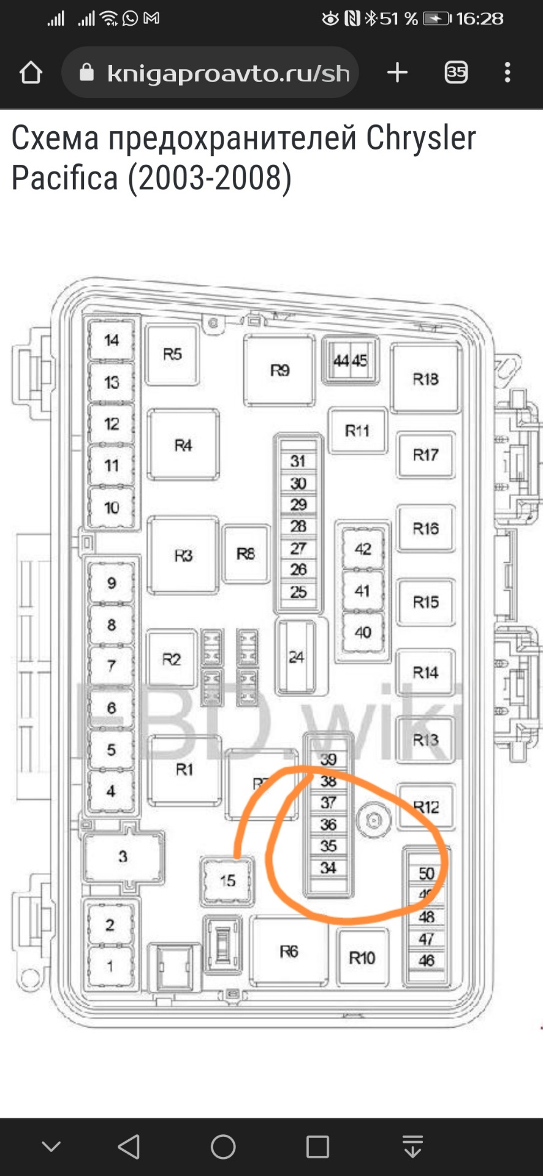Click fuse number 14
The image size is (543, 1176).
coord(111,340)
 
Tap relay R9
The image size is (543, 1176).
coord(279,371)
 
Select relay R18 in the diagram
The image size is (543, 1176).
coord(425,379)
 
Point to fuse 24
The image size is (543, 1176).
coord(297,657)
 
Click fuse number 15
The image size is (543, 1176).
coord(227,881)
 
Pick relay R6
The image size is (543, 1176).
coord(289,951)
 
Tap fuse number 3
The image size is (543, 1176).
coord(123,856)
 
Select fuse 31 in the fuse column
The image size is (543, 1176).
coord(298,461)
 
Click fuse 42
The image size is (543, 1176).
coord(363,549)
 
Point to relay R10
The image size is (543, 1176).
coord(362,958)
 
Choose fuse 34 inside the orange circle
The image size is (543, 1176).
coord(328,867)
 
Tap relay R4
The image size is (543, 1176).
coord(183,445)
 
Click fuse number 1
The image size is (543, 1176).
coord(110,967)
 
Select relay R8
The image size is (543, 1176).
coord(246,554)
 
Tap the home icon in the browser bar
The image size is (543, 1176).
coord(31,73)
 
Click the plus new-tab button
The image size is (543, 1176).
coord(397,73)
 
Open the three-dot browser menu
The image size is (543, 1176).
coord(507,73)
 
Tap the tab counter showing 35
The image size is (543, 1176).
coord(456,73)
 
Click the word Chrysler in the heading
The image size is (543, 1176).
coord(421,138)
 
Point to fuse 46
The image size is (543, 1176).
coord(427,960)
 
